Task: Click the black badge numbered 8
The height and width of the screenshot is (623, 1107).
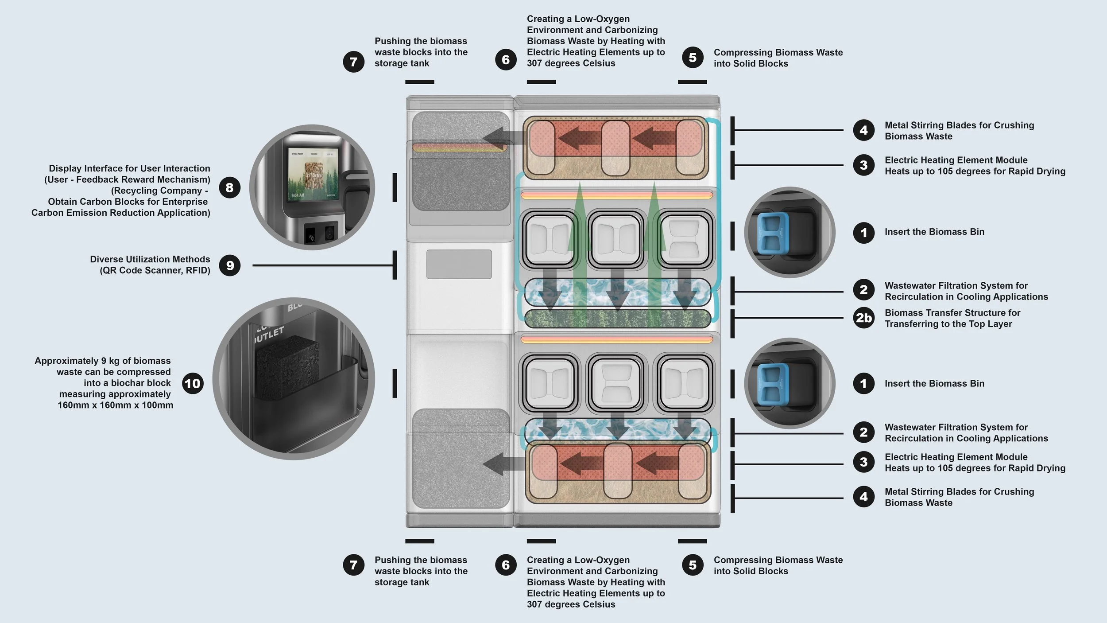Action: pyautogui.click(x=229, y=187)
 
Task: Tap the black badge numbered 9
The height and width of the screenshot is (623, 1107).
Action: pyautogui.click(x=229, y=265)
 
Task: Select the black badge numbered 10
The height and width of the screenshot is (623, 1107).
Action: pyautogui.click(x=193, y=383)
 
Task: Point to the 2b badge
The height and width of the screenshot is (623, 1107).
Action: pyautogui.click(x=863, y=318)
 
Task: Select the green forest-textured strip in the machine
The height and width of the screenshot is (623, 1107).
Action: pyautogui.click(x=617, y=318)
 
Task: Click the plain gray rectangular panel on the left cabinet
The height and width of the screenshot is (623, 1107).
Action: pyautogui.click(x=459, y=264)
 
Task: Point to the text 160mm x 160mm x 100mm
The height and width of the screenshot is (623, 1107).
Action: pyautogui.click(x=115, y=405)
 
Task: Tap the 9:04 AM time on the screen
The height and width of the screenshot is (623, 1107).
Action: pyautogui.click(x=298, y=195)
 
